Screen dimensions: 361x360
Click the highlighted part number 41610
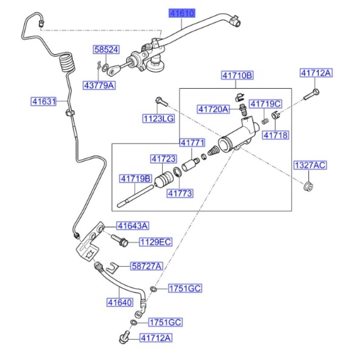(182, 14)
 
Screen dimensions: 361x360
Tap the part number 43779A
(99, 86)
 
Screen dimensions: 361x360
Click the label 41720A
(213, 108)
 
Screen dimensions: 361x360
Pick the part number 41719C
(265, 104)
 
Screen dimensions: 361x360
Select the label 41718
(275, 135)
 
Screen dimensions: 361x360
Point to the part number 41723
(163, 158)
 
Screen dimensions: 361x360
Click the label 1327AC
(309, 166)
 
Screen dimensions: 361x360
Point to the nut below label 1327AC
(308, 186)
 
